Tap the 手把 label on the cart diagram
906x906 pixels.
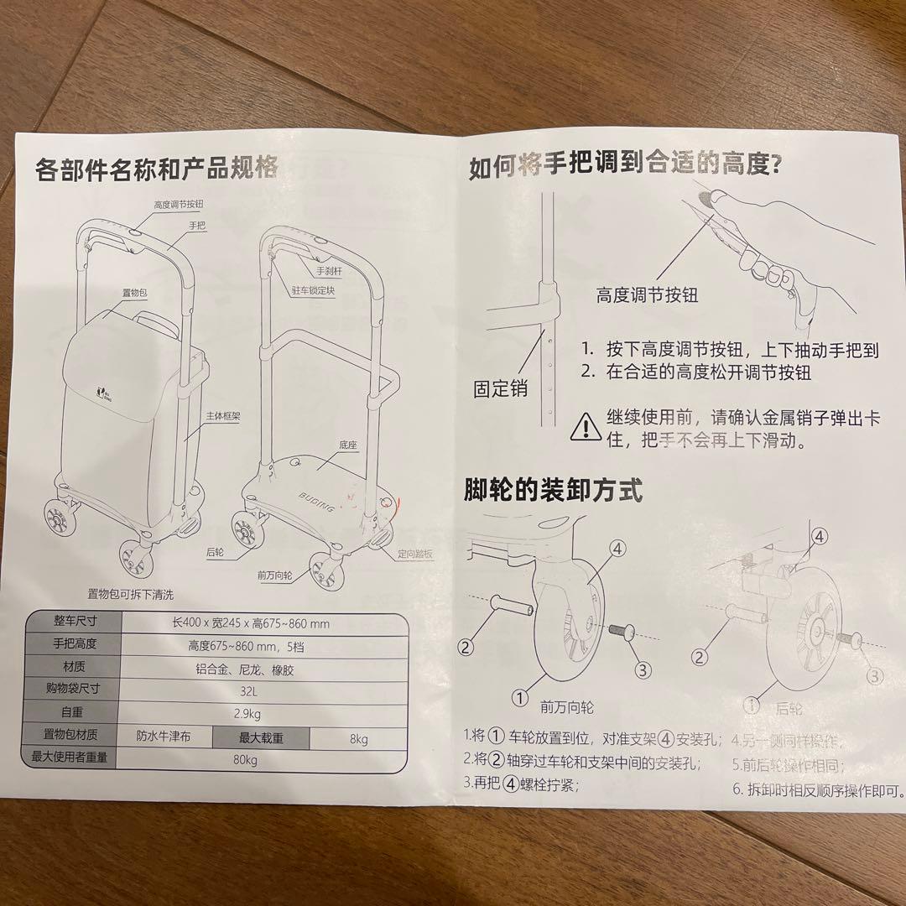point(198,226)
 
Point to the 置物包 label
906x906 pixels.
point(134,292)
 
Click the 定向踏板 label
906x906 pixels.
point(416,554)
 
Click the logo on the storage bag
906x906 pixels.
point(102,390)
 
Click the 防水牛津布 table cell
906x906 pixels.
point(164,737)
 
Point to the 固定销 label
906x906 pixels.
point(501,388)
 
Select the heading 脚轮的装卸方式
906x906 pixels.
point(553,491)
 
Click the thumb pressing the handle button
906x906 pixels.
point(713,198)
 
